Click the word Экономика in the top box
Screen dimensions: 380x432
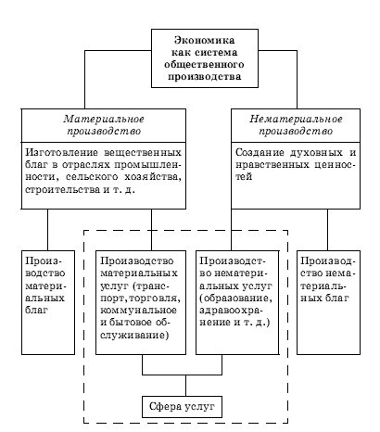click(x=205, y=40)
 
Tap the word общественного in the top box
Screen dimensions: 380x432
click(x=204, y=65)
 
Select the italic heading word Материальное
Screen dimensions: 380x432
click(x=104, y=119)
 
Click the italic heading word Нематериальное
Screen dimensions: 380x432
click(x=296, y=119)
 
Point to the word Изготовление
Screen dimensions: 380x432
click(x=62, y=153)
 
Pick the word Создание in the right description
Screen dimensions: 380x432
click(x=260, y=153)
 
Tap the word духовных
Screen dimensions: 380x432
click(x=316, y=153)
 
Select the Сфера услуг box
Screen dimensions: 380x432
click(x=182, y=407)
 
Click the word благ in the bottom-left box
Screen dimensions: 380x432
click(x=36, y=310)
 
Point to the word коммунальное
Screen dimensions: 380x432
click(x=138, y=310)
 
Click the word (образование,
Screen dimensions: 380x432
click(x=236, y=299)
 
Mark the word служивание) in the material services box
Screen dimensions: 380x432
click(x=134, y=335)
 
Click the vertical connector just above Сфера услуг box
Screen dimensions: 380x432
click(x=185, y=386)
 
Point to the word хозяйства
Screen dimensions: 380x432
click(x=153, y=177)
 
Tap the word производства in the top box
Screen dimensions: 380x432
click(x=205, y=77)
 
